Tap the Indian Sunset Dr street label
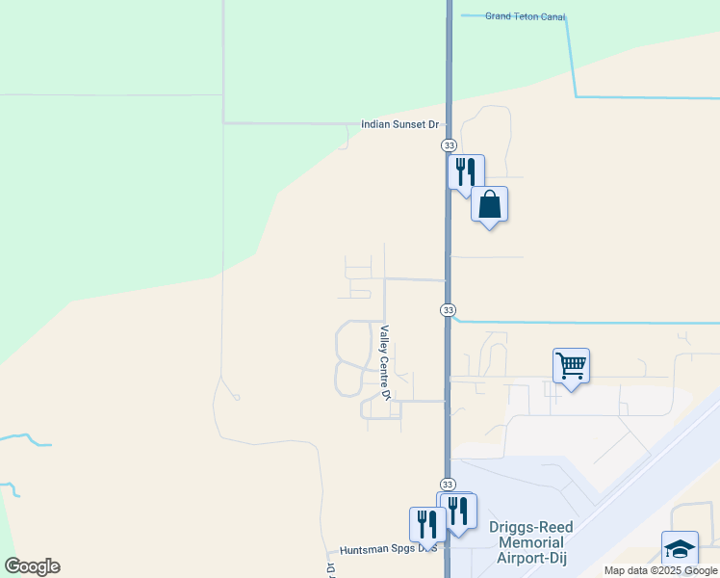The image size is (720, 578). (399, 124)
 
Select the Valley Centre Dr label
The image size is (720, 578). (384, 363)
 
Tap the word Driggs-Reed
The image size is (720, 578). (531, 528)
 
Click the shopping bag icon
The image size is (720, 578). (490, 204)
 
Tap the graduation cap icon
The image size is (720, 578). (680, 548)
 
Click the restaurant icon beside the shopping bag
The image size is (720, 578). (466, 171)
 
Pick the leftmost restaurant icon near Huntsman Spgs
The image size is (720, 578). (426, 524)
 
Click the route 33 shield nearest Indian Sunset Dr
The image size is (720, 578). (449, 144)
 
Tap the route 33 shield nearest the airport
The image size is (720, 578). (449, 484)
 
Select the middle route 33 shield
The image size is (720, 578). (449, 309)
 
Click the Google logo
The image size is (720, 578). (32, 566)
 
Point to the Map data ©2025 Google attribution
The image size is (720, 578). (661, 570)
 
